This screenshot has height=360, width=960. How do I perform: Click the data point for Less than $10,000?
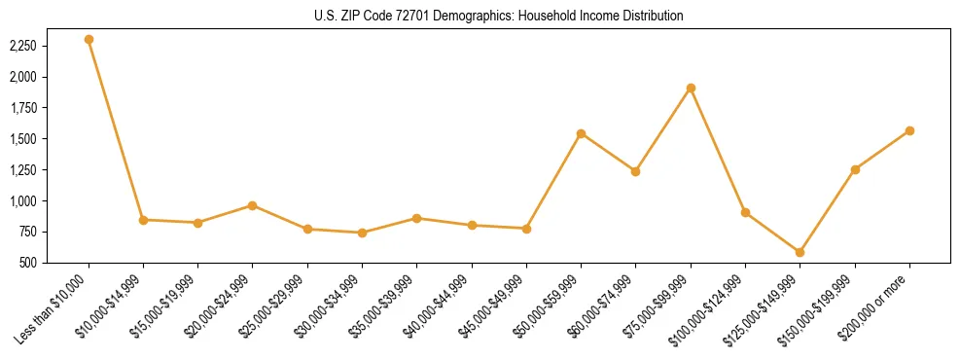coord(89,40)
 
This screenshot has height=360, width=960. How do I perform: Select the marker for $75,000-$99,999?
coord(691,89)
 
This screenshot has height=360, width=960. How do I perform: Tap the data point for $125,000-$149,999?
coord(800,252)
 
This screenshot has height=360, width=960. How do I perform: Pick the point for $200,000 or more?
coord(909,130)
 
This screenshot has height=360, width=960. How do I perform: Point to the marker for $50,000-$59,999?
coord(581,133)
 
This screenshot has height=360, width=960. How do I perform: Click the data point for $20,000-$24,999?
coord(253,205)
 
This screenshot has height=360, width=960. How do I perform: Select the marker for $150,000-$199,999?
coord(855,169)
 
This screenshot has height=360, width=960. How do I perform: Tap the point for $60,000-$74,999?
coord(635,171)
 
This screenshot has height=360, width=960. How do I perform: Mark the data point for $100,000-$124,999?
coord(745,212)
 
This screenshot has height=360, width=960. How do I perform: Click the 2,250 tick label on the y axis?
coord(50,46)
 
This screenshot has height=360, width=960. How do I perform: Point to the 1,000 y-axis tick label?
coord(50,201)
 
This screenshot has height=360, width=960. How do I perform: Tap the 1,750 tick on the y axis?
coord(50,108)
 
